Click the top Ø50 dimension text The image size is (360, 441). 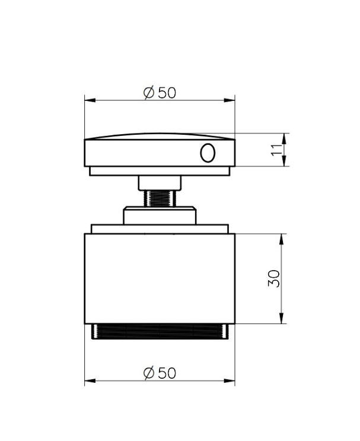(160, 93)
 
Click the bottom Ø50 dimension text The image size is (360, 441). (160, 373)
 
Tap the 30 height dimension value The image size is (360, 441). (274, 279)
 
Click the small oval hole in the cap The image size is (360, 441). (207, 153)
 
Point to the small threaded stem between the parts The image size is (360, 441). (159, 198)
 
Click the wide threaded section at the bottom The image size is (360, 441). (160, 332)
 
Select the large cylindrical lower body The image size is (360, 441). (160, 278)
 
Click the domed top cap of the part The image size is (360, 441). (160, 151)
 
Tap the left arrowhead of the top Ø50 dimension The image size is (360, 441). (88, 101)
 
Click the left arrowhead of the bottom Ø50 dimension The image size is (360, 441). (88, 381)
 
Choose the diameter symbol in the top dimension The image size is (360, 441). (149, 93)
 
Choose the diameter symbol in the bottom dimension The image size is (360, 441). (149, 373)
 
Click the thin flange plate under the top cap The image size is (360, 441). (160, 171)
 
